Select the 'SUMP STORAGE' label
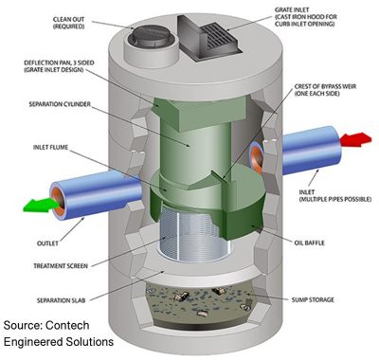(x=306, y=298)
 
